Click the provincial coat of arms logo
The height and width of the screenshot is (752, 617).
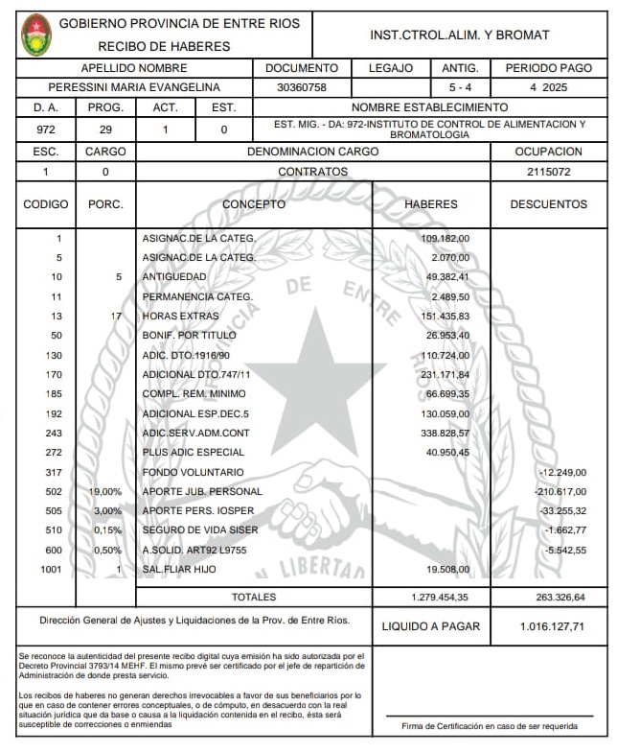36,35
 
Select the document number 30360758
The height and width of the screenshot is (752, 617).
302,87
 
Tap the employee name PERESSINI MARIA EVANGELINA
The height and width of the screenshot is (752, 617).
134,87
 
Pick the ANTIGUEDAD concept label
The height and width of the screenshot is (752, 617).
174,277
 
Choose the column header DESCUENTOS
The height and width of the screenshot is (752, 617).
548,204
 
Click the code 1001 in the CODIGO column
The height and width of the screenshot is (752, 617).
50,570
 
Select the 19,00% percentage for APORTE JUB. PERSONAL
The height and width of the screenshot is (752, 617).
105,492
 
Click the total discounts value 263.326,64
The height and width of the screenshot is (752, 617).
552,598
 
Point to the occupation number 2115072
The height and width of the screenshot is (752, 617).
549,172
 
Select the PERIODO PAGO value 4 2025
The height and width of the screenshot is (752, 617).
549,87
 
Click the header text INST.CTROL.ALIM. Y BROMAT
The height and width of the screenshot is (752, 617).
460,35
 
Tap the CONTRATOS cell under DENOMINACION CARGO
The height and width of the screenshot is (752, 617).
312,172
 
